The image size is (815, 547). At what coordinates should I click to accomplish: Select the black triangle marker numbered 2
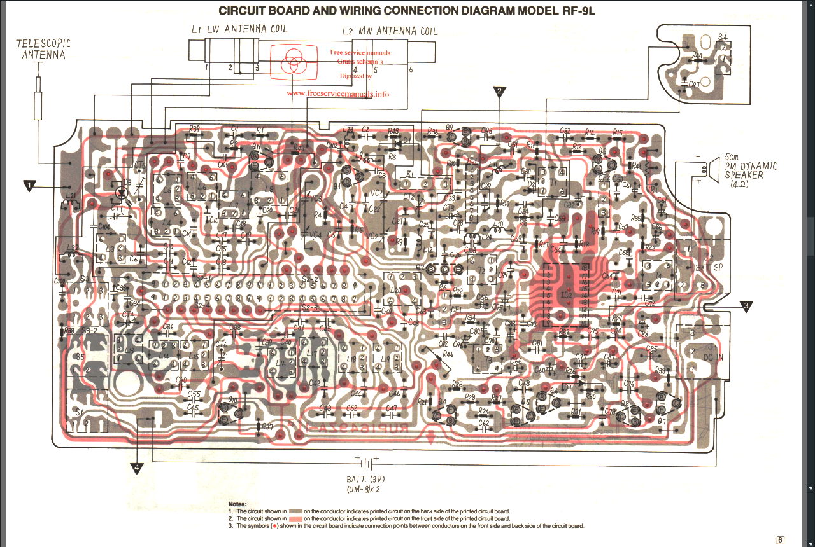click(x=500, y=92)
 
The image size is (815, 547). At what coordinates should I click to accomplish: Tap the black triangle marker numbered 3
click(x=747, y=306)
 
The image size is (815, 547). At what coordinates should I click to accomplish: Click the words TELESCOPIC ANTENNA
click(x=43, y=49)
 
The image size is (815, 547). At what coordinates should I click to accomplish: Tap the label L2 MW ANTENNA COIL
click(x=389, y=31)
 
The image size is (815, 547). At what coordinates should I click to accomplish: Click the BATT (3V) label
click(x=366, y=480)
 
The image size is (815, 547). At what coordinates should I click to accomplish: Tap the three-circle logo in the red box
click(x=294, y=62)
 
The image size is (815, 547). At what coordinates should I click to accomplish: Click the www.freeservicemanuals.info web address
click(x=337, y=93)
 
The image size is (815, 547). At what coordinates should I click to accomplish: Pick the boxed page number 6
click(x=781, y=540)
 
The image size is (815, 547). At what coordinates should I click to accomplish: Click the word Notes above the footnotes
click(x=238, y=504)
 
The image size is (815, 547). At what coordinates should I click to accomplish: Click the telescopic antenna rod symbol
click(x=38, y=98)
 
